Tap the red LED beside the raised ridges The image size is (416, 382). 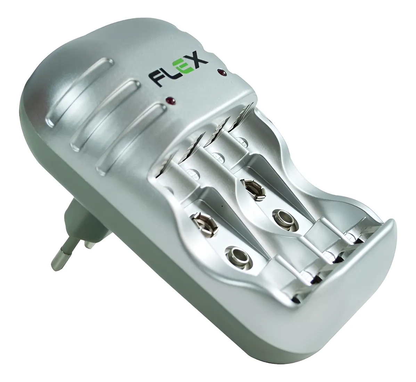click(170, 101)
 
